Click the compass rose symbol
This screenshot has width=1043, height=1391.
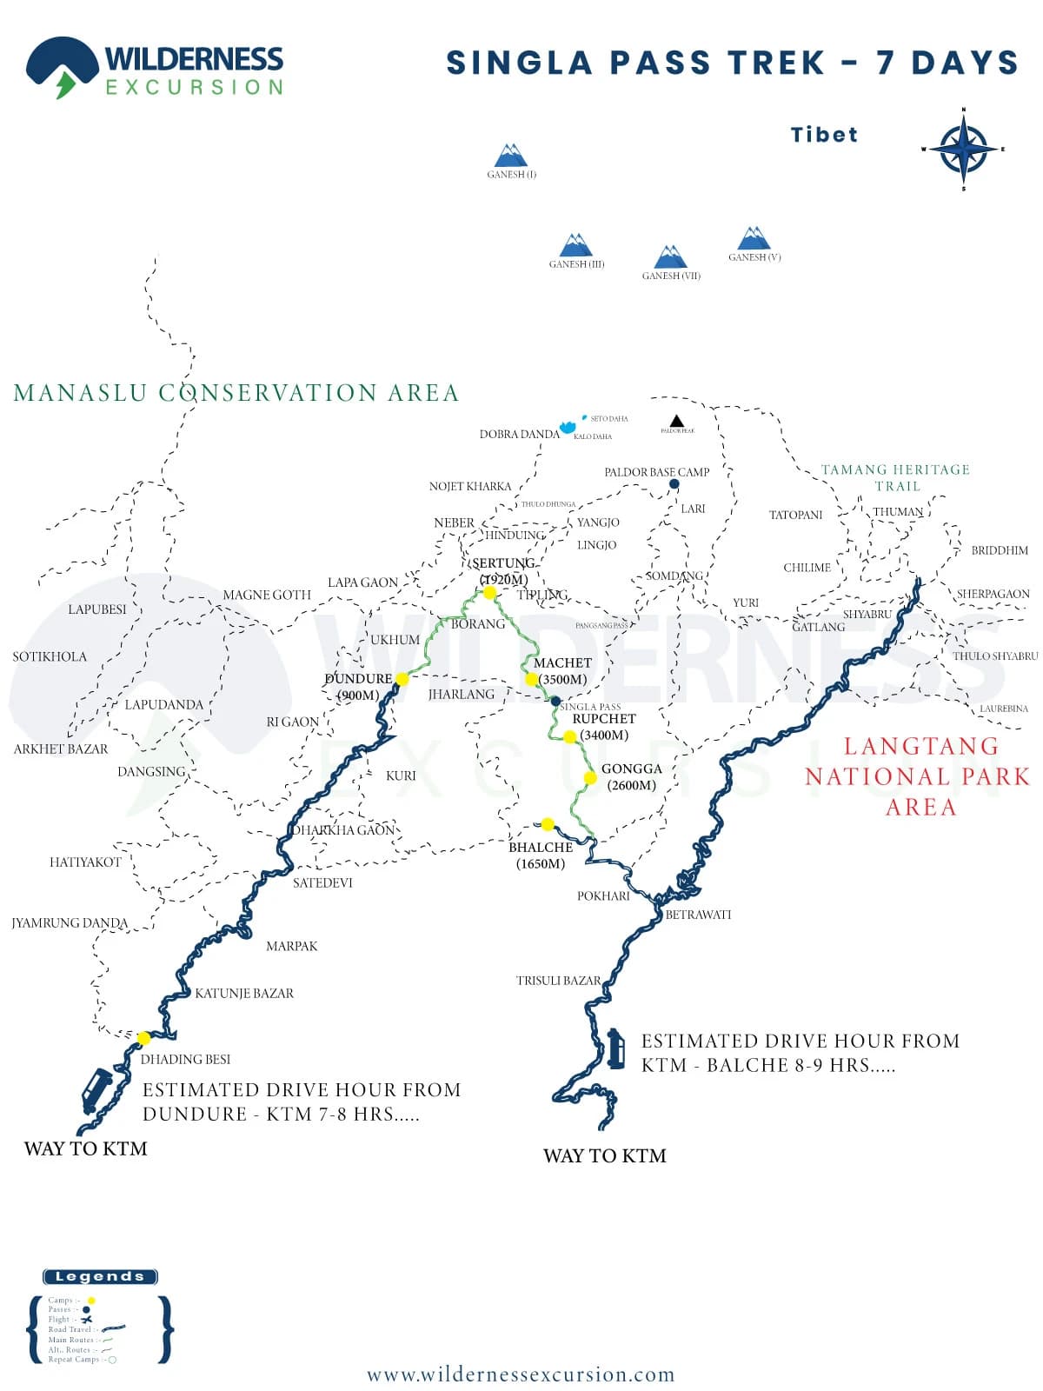[x=963, y=150]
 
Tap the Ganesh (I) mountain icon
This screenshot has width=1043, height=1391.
[x=511, y=156]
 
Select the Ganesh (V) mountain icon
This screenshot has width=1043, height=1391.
[x=754, y=238]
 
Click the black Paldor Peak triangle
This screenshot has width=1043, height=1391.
[x=677, y=422]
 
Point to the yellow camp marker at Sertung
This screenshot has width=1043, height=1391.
[x=489, y=593]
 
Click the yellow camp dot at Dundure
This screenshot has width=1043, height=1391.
[x=402, y=679]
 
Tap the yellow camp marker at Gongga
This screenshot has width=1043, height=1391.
[x=590, y=778]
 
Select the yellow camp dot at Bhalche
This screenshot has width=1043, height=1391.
[x=548, y=824]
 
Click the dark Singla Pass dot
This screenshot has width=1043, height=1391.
[x=555, y=701]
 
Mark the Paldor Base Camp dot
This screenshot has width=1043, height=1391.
[x=674, y=484]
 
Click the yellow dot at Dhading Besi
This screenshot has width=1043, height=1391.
[x=143, y=1038]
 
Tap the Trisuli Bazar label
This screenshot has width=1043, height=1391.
[x=558, y=981]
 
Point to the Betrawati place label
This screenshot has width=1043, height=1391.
[x=698, y=915]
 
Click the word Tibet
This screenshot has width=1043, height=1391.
[x=824, y=135]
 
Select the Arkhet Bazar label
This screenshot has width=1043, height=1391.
[x=61, y=749]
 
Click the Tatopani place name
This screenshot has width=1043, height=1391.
[x=795, y=515]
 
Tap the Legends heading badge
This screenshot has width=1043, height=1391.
[x=100, y=1276]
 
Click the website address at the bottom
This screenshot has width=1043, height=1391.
[x=521, y=1374]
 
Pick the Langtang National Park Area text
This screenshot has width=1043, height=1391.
[x=918, y=776]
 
